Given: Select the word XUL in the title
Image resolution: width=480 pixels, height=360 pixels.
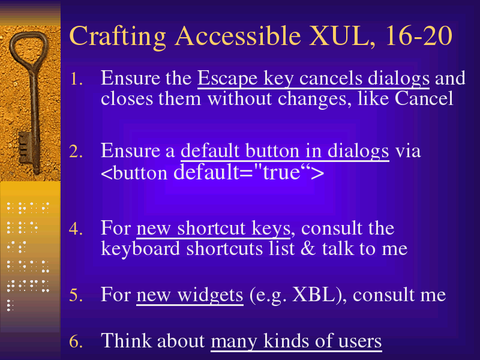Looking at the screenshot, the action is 338,36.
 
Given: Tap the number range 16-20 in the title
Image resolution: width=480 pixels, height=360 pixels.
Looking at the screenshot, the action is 418,36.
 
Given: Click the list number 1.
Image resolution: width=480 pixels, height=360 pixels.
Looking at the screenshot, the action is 76,79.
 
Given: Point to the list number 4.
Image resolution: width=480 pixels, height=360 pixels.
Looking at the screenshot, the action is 76,229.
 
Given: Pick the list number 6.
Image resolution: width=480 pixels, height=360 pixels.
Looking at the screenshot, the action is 76,341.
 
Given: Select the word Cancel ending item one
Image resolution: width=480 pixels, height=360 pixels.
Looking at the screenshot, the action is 424,98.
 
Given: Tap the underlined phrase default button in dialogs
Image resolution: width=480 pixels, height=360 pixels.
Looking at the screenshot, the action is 284,151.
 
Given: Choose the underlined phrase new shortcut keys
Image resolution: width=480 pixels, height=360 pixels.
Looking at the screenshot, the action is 214,229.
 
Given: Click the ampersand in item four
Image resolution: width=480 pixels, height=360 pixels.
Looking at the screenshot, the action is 308,248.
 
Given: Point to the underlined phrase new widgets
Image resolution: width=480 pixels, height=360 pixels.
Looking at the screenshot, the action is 190,295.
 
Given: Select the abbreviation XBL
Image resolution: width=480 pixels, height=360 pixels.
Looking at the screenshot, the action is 313,295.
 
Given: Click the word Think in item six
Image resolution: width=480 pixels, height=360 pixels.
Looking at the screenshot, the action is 126,340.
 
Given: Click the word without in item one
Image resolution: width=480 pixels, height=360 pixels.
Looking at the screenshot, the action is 239,98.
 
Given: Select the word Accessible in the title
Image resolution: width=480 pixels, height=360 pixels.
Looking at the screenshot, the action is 238,36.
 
